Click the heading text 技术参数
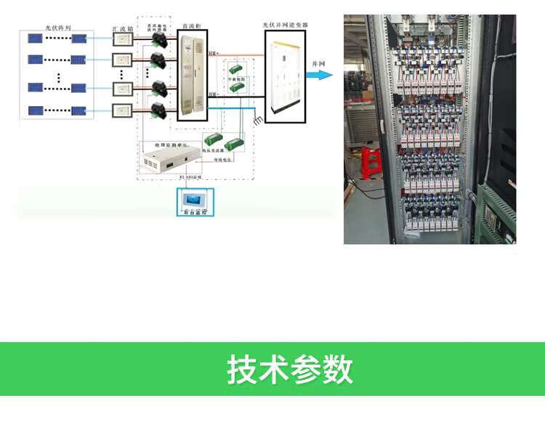point(290,369)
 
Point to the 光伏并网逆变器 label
point(285,25)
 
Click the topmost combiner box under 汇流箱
point(122,41)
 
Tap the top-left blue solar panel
point(34,38)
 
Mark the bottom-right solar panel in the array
point(80,111)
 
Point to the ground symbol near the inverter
point(256,120)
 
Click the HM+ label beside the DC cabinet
point(213,54)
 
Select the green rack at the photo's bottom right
point(496,214)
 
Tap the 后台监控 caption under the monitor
point(193,213)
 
